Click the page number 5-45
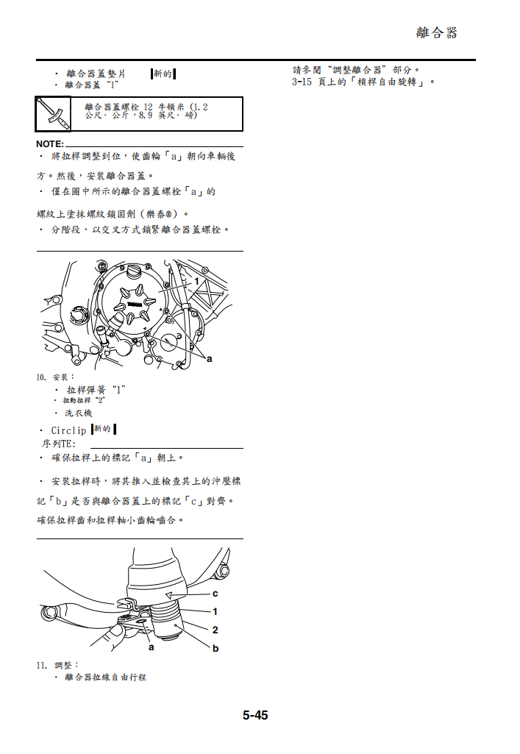tap(255, 714)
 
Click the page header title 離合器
tap(436, 32)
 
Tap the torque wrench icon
tap(54, 114)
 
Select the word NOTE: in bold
tap(50, 143)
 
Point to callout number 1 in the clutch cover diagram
tap(196, 282)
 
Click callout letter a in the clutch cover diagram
tap(209, 358)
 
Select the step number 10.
tap(41, 377)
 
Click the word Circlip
tap(68, 430)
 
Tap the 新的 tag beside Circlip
tap(104, 429)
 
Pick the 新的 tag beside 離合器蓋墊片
tap(163, 74)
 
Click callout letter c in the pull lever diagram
tap(215, 593)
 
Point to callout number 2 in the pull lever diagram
tap(215, 630)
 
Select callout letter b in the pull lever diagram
tap(215, 648)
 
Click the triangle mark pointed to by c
tap(168, 594)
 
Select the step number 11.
tap(41, 665)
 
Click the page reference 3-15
tap(302, 82)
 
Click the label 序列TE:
tap(58, 444)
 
